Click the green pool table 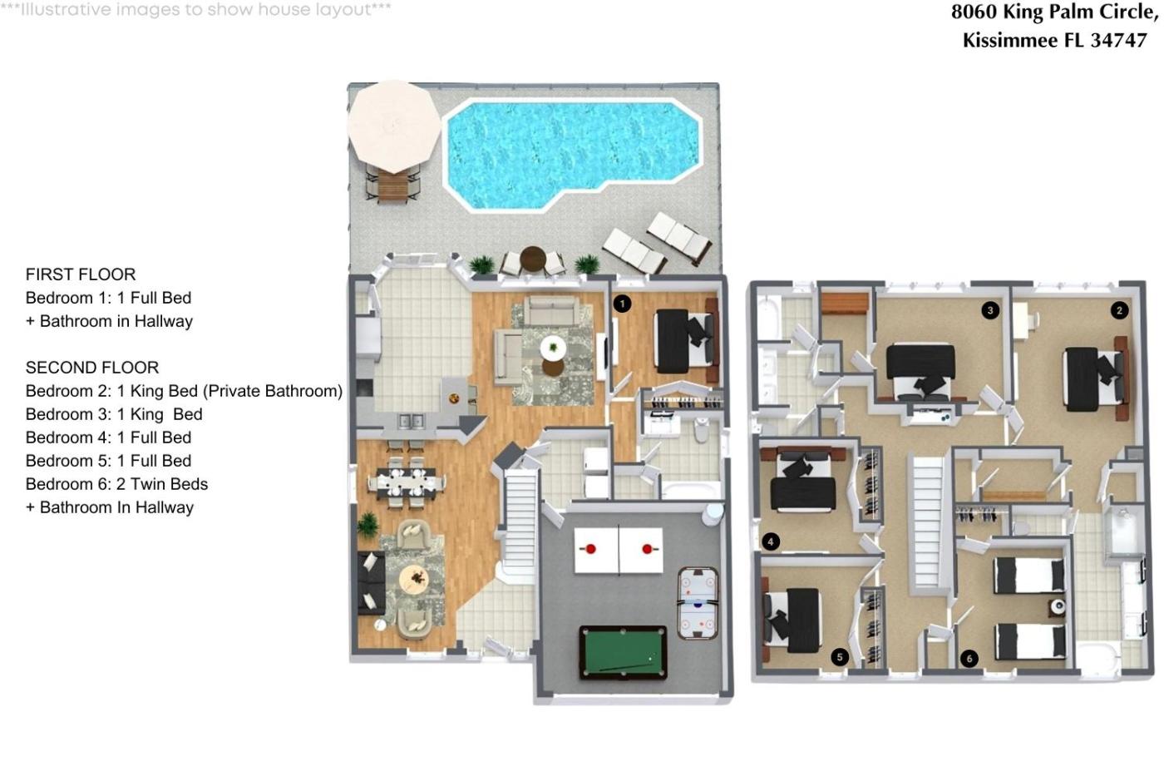coord(623,653)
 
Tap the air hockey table coord(698,603)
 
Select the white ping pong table coord(619,551)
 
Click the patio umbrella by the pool coord(394,126)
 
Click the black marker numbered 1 coord(622,304)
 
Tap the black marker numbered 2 coord(1119,311)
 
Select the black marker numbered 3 coord(990,311)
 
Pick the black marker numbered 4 coord(771,542)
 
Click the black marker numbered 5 coord(840,658)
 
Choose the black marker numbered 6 coord(969,659)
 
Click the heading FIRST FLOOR coord(81,274)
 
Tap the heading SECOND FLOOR coord(92,368)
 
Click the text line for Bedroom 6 coord(116,484)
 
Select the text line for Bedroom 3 coord(114,414)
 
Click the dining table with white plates coord(407,483)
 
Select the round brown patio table coord(533,259)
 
